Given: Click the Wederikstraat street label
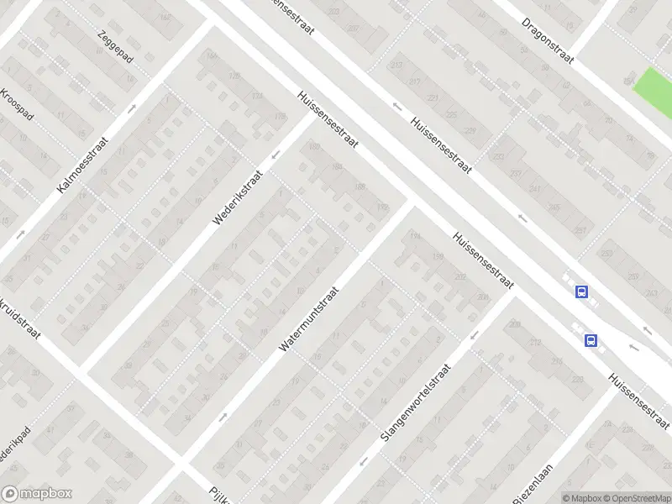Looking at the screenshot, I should (x=238, y=198).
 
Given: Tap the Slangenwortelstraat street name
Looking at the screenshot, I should (x=416, y=403).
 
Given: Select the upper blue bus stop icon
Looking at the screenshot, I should (x=580, y=291).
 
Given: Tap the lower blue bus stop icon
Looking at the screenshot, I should (x=591, y=341).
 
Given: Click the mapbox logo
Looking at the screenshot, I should (x=36, y=494).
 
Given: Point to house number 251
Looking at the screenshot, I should (x=579, y=230).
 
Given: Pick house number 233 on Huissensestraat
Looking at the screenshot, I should (x=500, y=157).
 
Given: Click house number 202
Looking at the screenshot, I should (x=459, y=276).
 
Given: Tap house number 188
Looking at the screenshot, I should (x=360, y=186).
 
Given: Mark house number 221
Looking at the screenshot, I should (x=433, y=98).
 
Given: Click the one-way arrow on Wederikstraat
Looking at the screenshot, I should (x=275, y=155).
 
